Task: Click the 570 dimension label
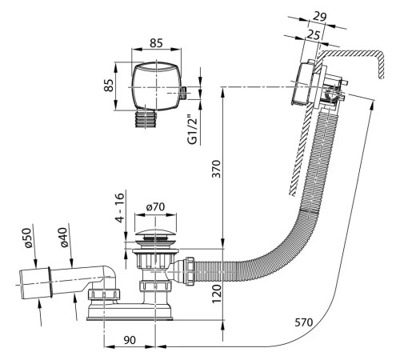[x=304, y=322]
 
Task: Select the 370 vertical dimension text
[x=216, y=169]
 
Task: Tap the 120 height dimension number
[x=216, y=294]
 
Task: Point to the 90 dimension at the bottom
[x=130, y=340]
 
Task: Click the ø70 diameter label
[x=155, y=206]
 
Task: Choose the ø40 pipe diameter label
[x=64, y=238]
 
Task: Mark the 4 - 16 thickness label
[x=120, y=208]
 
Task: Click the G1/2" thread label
[x=193, y=130]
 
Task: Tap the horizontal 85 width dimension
[x=156, y=43]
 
